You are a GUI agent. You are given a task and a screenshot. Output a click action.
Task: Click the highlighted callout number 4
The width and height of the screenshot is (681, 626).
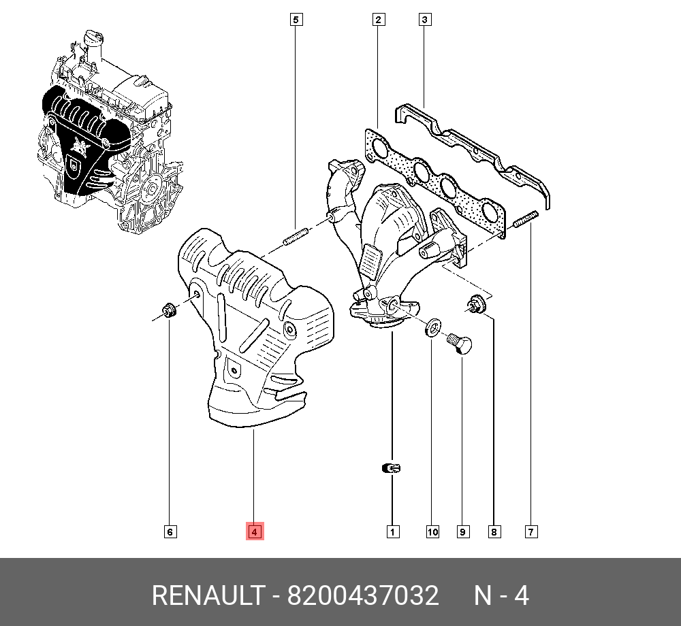(254, 531)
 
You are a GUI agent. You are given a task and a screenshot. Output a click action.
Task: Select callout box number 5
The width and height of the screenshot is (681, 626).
(296, 20)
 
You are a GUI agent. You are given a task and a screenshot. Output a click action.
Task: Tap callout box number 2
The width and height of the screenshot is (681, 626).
(378, 20)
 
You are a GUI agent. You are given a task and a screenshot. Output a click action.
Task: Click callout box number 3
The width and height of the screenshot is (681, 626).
(424, 20)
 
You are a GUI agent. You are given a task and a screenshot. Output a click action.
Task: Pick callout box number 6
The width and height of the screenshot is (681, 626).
(170, 531)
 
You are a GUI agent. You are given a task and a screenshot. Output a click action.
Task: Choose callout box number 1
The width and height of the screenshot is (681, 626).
(392, 531)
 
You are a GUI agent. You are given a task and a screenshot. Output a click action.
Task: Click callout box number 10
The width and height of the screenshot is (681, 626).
(432, 531)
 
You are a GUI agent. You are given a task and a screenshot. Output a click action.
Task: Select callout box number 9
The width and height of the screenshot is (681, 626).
(463, 531)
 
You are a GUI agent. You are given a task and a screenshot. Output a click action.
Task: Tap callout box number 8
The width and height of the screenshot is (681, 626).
(494, 531)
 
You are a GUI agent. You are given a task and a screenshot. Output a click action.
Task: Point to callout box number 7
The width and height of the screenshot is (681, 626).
(531, 531)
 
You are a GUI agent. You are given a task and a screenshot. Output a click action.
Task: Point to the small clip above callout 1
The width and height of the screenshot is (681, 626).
(392, 468)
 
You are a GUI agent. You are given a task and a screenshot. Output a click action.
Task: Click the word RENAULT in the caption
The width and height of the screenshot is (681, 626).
(206, 596)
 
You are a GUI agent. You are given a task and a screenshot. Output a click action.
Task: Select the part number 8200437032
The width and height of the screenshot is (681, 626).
(362, 596)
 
